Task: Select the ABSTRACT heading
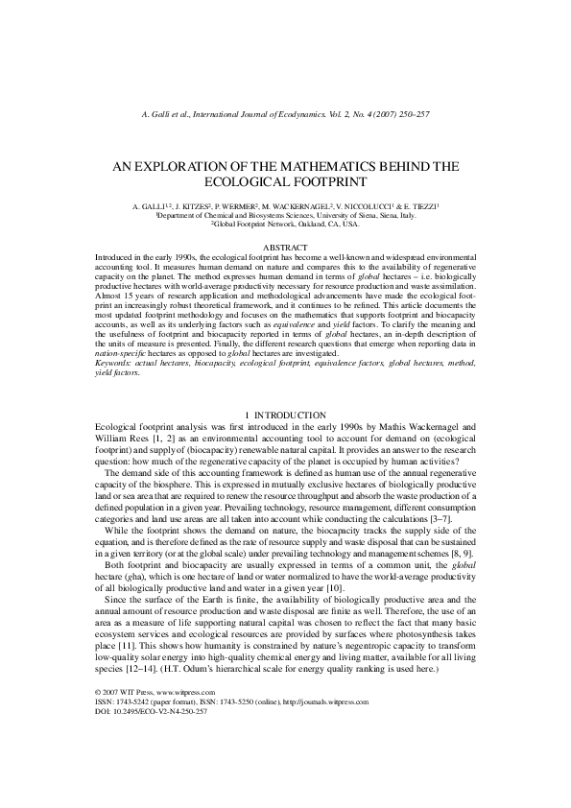285,248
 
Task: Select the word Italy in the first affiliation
405,216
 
